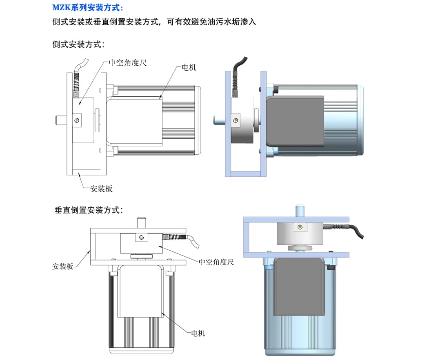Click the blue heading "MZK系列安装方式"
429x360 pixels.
coord(87,8)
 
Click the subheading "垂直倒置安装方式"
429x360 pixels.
coord(89,210)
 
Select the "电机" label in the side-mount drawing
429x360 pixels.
coord(189,67)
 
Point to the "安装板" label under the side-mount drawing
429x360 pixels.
coord(101,189)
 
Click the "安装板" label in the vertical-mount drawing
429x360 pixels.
coord(63,266)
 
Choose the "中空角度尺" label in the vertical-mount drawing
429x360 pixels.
coord(216,262)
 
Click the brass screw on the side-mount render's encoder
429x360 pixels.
coord(235,120)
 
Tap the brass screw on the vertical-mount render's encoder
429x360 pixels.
coord(300,228)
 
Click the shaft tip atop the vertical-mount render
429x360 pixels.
coord(300,208)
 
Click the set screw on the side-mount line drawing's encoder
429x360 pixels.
coord(76,120)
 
